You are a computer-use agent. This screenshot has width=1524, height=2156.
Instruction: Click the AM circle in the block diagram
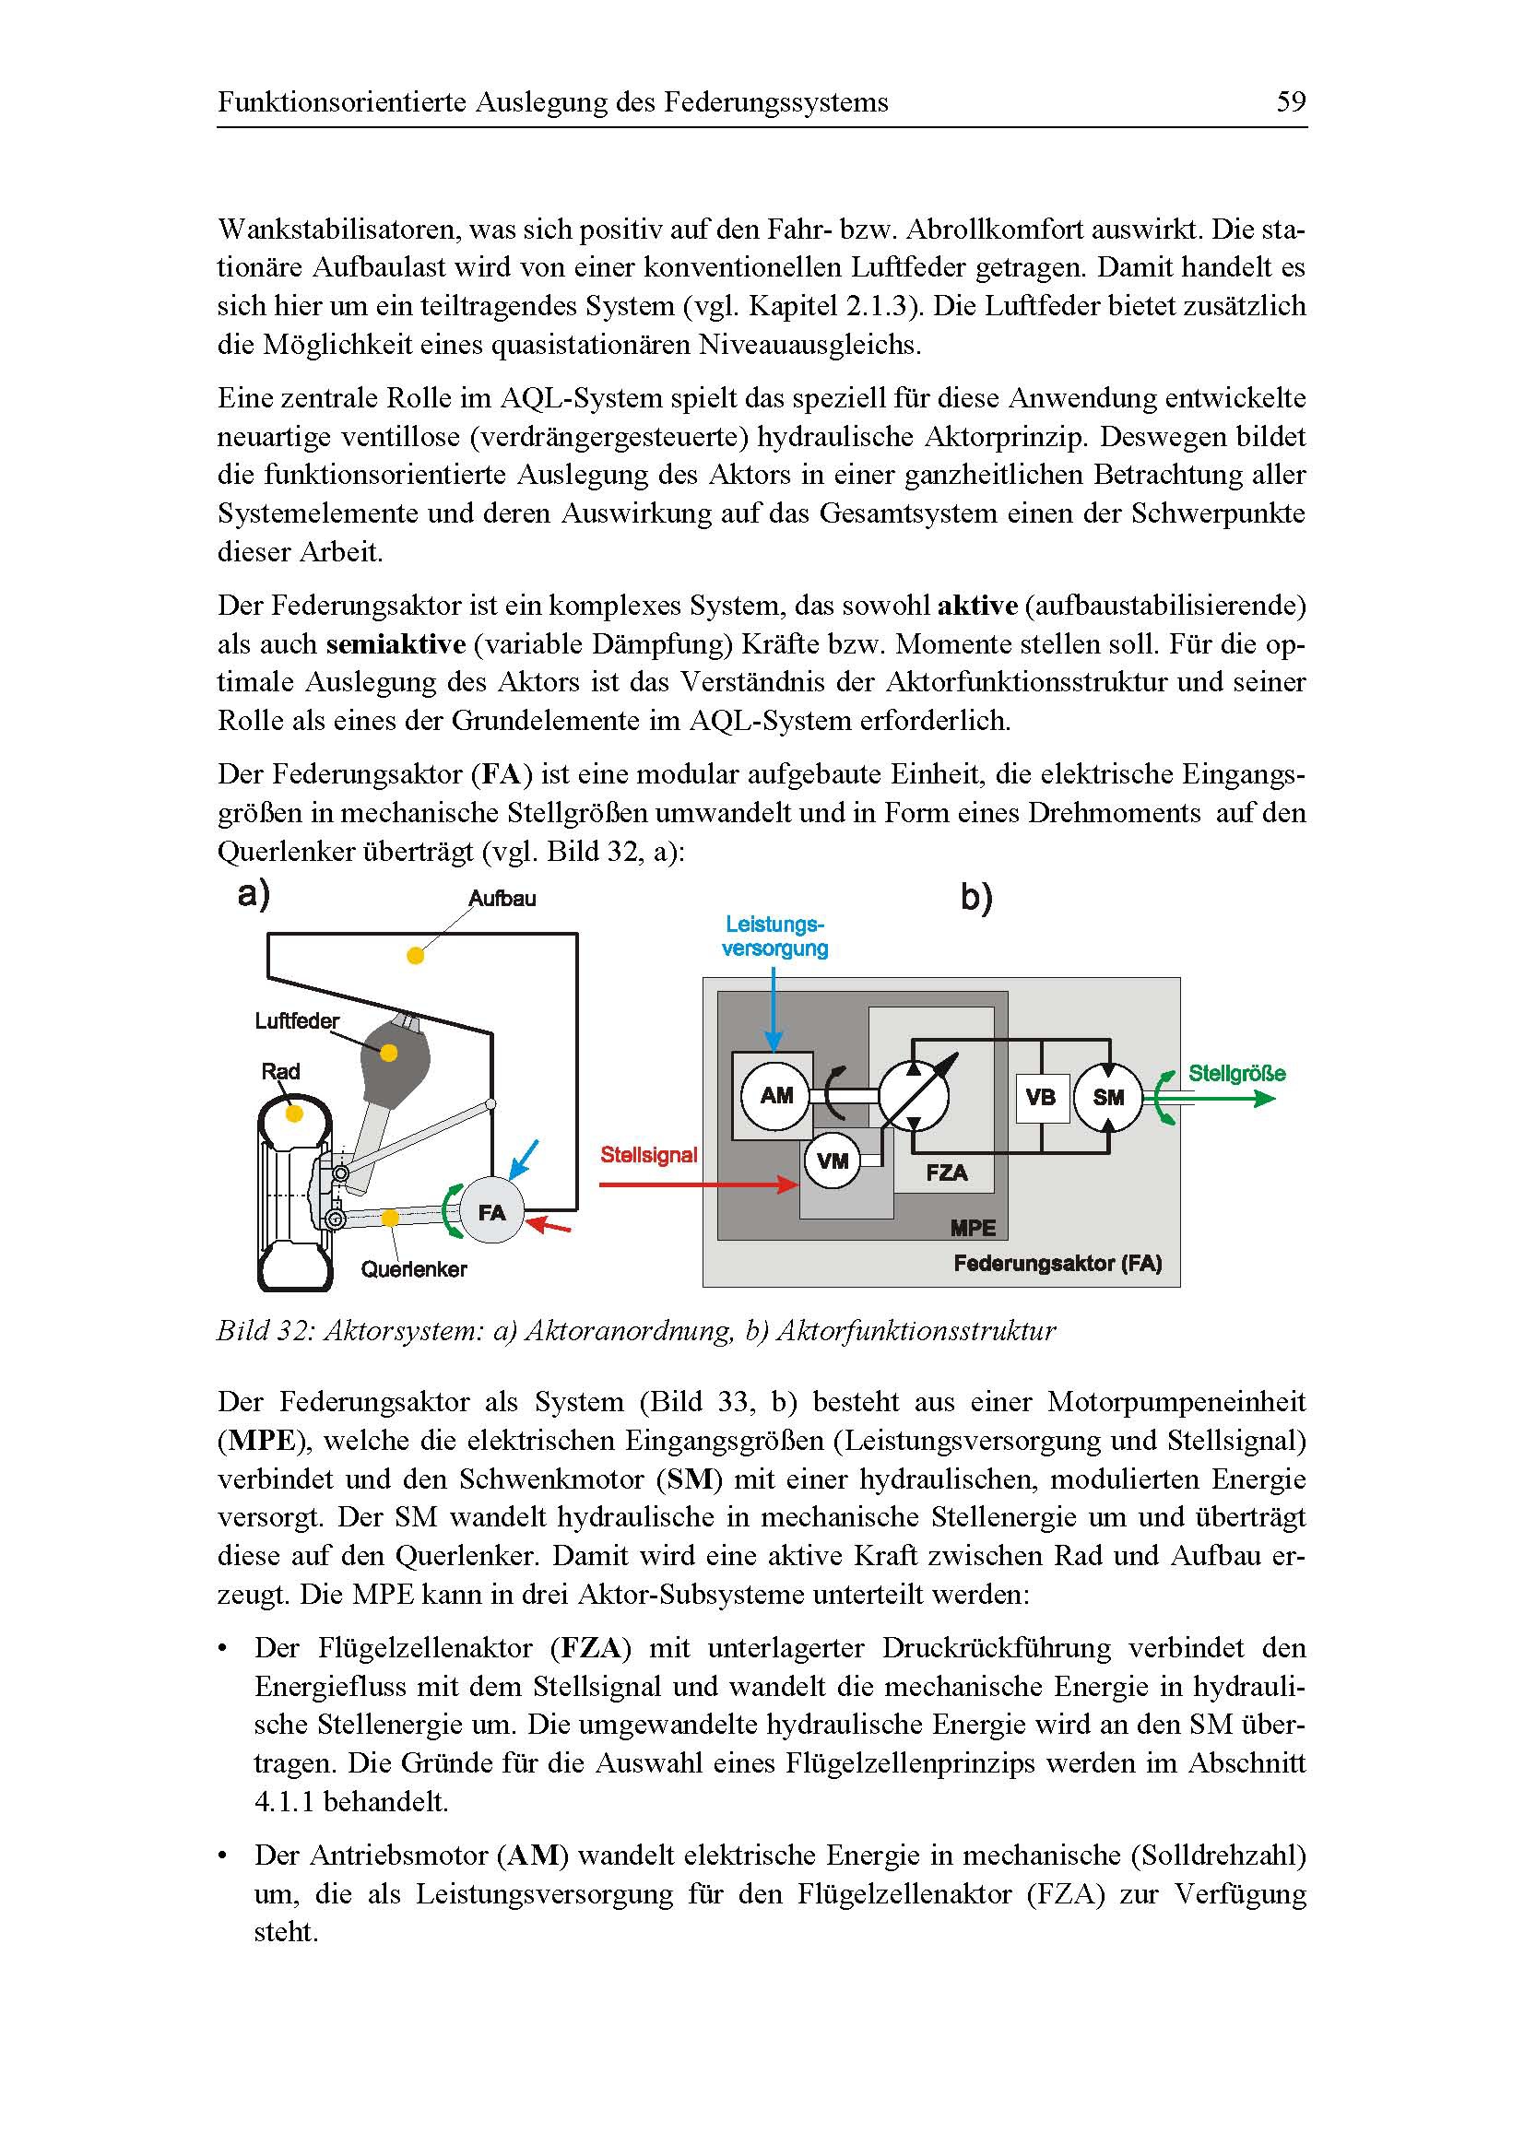pyautogui.click(x=775, y=1096)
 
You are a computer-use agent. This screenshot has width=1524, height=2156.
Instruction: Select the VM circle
pyautogui.click(x=832, y=1161)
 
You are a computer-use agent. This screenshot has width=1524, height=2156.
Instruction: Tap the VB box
pyautogui.click(x=1040, y=1097)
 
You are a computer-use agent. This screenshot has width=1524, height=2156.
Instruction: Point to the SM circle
pyautogui.click(x=1108, y=1097)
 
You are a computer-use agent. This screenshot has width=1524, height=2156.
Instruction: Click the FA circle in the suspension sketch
pyautogui.click(x=491, y=1212)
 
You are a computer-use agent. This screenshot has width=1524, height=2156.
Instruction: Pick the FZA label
pyautogui.click(x=946, y=1172)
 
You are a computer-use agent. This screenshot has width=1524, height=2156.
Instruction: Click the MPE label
pyautogui.click(x=972, y=1227)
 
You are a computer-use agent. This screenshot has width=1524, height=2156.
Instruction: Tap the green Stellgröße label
pyautogui.click(x=1236, y=1073)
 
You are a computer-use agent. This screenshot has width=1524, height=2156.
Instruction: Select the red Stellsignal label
pyautogui.click(x=649, y=1155)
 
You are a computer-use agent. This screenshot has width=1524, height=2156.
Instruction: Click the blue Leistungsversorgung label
pyautogui.click(x=774, y=937)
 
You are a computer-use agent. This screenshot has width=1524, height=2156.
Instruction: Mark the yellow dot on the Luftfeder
pyautogui.click(x=389, y=1053)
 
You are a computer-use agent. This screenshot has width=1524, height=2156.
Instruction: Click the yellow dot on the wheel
pyautogui.click(x=294, y=1113)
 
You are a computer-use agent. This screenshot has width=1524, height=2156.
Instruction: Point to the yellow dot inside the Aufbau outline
pyautogui.click(x=415, y=956)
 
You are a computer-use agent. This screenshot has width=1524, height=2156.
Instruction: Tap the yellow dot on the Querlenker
pyautogui.click(x=390, y=1218)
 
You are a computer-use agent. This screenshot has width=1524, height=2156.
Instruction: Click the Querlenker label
pyautogui.click(x=414, y=1269)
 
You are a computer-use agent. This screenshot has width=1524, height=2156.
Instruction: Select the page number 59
pyautogui.click(x=1291, y=101)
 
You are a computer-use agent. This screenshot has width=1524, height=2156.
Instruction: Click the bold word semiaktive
pyautogui.click(x=396, y=644)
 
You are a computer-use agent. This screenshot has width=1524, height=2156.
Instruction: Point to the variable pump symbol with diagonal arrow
pyautogui.click(x=914, y=1096)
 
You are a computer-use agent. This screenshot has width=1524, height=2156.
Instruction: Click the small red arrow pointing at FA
pyautogui.click(x=549, y=1225)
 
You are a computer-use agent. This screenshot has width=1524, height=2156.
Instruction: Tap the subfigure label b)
pyautogui.click(x=975, y=899)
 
